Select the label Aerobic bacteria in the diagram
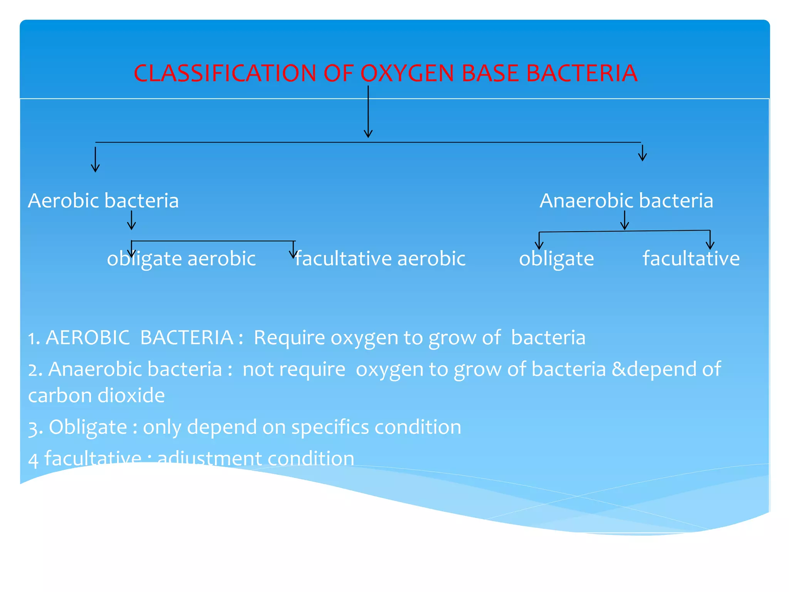coord(103,201)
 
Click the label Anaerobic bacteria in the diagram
coord(626,201)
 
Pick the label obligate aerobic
coord(181,259)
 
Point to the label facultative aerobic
coord(380,259)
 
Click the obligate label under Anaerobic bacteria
coord(556,259)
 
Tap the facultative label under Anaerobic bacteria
coord(691,259)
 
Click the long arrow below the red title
coord(368,112)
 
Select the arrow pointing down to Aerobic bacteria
coord(95,159)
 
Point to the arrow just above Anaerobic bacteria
coord(642,153)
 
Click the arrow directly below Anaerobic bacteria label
coord(624,220)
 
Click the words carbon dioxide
coord(96,395)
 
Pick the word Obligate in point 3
coord(88,427)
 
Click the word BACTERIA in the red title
coord(582,73)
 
